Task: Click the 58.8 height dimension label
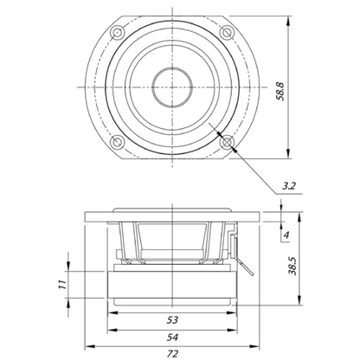(280, 92)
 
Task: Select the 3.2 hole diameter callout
(289, 186)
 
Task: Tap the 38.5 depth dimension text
(293, 266)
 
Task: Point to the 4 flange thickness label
(286, 235)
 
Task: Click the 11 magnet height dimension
(62, 285)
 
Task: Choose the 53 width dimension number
(172, 319)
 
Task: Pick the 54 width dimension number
(172, 337)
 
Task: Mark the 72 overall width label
(172, 353)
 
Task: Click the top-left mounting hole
(117, 32)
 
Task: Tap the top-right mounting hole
(228, 32)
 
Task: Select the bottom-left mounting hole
(117, 142)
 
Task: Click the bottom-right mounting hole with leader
(228, 142)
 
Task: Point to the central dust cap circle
(172, 87)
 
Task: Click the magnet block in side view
(172, 285)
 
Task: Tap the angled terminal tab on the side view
(245, 266)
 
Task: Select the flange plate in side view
(172, 217)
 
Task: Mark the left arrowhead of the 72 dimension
(90, 346)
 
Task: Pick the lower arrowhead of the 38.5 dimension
(299, 300)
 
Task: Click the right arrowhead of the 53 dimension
(232, 312)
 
